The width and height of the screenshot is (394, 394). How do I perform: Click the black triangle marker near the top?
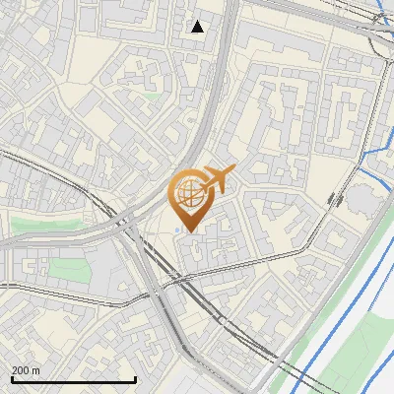[x=198, y=27]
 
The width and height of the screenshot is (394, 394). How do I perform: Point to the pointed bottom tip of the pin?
[x=187, y=231]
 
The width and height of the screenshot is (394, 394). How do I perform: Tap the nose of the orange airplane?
[x=234, y=169]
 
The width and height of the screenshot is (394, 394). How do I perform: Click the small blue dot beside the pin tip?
[x=176, y=232]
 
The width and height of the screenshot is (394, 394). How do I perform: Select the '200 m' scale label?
[x=26, y=370]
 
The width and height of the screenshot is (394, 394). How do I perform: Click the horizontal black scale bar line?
[x=73, y=379]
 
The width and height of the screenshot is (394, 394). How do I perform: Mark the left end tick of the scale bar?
[x=12, y=378]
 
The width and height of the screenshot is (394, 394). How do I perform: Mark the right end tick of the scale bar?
[x=135, y=378]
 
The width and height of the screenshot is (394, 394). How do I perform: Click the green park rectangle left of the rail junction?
[x=66, y=269]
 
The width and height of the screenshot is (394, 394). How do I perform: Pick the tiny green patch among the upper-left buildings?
[x=153, y=97]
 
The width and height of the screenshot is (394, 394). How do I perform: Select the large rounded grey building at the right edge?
[x=365, y=198]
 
